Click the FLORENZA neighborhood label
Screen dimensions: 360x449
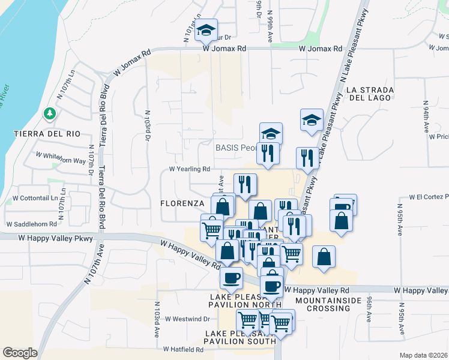pyautogui.click(x=183, y=203)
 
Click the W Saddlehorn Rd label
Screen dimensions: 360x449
pyautogui.click(x=31, y=224)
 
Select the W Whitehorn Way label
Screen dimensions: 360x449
pyautogui.click(x=60, y=158)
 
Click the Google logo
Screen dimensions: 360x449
pyautogui.click(x=20, y=353)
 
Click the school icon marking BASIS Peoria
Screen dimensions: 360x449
pyautogui.click(x=271, y=134)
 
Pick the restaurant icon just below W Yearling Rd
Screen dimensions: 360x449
pyautogui.click(x=245, y=184)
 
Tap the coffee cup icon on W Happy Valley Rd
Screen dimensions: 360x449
pyautogui.click(x=232, y=277)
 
